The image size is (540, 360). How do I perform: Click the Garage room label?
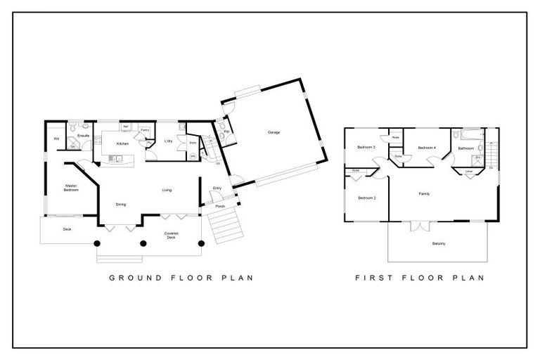(274, 132)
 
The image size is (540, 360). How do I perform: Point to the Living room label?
(167, 190)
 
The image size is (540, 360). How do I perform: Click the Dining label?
(121, 205)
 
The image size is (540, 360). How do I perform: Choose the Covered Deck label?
(171, 234)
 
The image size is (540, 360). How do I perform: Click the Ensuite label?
(82, 135)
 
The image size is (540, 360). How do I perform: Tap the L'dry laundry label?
(169, 141)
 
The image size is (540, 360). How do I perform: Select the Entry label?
(217, 188)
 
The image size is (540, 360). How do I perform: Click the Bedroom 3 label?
(366, 148)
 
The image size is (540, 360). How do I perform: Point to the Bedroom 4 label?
(427, 148)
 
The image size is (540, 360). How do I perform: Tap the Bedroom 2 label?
(366, 198)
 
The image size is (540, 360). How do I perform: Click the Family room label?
(424, 193)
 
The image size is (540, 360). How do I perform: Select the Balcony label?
(438, 243)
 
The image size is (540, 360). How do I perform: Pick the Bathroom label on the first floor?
(466, 148)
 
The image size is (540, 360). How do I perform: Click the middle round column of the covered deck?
(143, 243)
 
